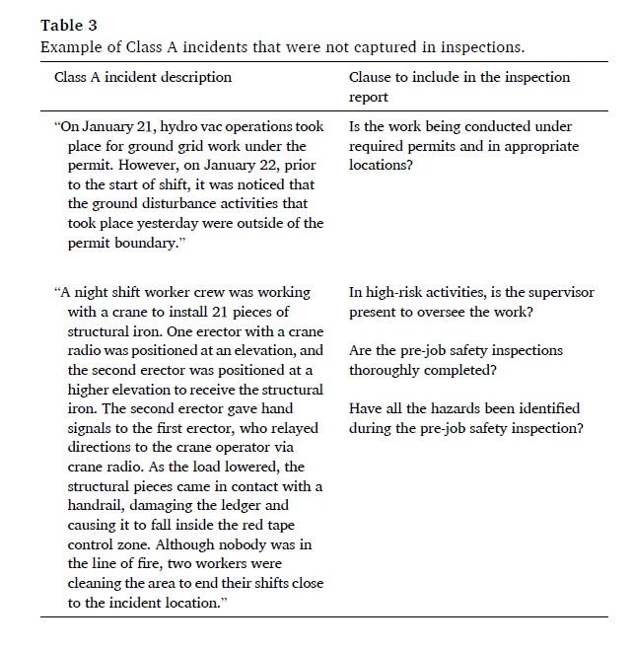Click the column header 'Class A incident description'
pyautogui.click(x=143, y=77)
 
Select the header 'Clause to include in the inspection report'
pyautogui.click(x=459, y=87)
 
